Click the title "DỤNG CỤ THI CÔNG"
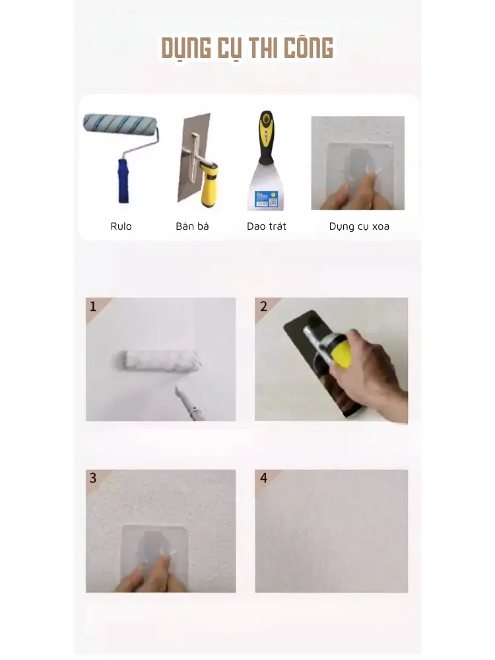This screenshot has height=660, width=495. tap(247, 48)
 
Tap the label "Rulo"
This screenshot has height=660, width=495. tap(121, 226)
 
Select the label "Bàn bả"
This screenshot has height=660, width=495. tap(192, 226)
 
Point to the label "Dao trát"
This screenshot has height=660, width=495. tap(267, 226)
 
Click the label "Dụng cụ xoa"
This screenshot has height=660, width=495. tap(359, 226)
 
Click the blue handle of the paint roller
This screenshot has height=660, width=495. tap(123, 181)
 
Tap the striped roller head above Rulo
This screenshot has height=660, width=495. tap(120, 125)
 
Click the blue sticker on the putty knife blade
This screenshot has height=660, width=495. tap(266, 199)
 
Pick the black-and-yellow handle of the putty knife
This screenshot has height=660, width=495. tap(267, 138)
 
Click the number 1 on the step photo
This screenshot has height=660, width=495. tap(93, 306)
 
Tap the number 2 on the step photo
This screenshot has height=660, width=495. tap(263, 306)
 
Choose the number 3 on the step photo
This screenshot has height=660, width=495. tap(93, 478)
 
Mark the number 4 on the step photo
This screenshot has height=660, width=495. tap(263, 478)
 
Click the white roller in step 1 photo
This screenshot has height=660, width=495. tap(158, 361)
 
